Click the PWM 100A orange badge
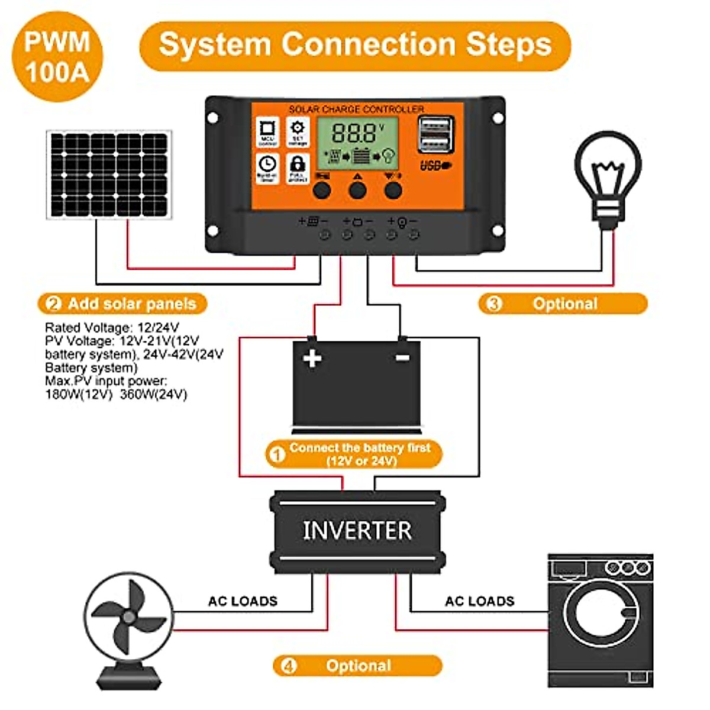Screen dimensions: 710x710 pyautogui.click(x=57, y=57)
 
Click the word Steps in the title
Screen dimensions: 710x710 pyautogui.click(x=508, y=45)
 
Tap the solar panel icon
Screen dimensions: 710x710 pyautogui.click(x=109, y=175)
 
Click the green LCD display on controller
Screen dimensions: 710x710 pyautogui.click(x=357, y=142)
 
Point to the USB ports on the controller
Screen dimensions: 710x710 pyautogui.click(x=435, y=135)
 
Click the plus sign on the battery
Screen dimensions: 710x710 pyautogui.click(x=312, y=359)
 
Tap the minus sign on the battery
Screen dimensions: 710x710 pyautogui.click(x=402, y=358)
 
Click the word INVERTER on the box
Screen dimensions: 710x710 pyautogui.click(x=357, y=531)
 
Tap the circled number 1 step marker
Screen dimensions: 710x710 pyautogui.click(x=277, y=454)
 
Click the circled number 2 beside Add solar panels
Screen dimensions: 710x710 pyautogui.click(x=53, y=304)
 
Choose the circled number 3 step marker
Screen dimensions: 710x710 pyautogui.click(x=493, y=304)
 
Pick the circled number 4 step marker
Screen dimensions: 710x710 pyautogui.click(x=288, y=666)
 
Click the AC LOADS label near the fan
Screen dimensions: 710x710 pyautogui.click(x=243, y=602)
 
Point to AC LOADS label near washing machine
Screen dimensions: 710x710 pyautogui.click(x=479, y=602)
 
